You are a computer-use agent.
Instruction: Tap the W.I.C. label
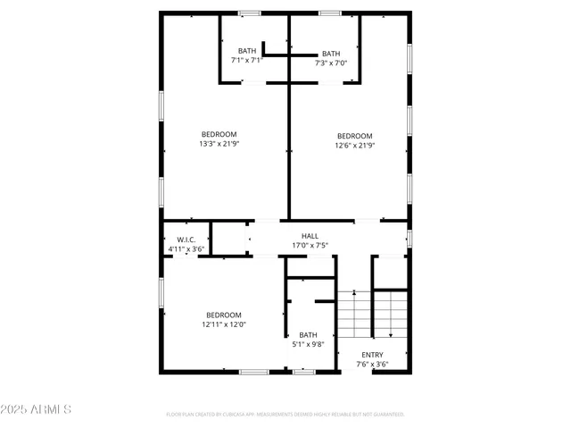[x=186, y=240]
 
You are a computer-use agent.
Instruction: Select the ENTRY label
[x=372, y=355]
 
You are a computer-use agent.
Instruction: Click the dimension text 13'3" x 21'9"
[x=218, y=144]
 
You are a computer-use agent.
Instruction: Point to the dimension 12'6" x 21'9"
[x=353, y=145]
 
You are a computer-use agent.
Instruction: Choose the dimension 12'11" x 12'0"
[x=223, y=324]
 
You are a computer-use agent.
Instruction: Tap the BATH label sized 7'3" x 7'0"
[x=331, y=54]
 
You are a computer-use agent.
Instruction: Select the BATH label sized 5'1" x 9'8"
[x=308, y=335]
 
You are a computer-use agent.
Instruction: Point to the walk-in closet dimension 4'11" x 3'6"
[x=186, y=249]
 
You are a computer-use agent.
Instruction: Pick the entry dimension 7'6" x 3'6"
[x=372, y=364]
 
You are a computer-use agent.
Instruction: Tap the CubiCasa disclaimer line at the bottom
[x=285, y=415]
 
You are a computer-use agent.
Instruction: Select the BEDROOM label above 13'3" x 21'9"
[x=218, y=134]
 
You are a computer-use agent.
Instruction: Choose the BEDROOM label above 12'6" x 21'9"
[x=353, y=136]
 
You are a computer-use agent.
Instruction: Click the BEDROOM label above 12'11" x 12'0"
[x=223, y=315]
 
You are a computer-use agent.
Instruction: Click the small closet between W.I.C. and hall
[x=228, y=239]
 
